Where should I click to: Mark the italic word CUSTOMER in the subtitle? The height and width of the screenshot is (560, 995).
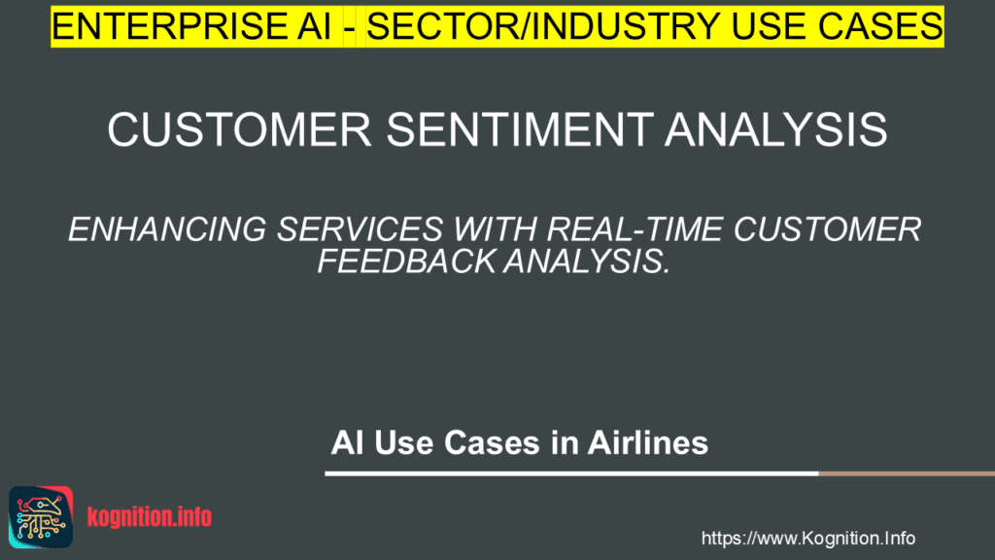tap(832, 230)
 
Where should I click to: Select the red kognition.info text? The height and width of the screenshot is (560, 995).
tap(150, 517)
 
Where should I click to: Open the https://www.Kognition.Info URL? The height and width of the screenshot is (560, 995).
tap(807, 538)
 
